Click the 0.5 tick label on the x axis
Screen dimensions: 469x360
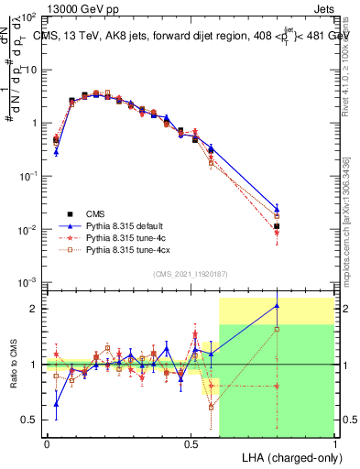[191, 442]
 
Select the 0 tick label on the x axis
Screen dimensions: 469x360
[46, 442]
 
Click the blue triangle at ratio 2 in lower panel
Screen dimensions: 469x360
[277, 306]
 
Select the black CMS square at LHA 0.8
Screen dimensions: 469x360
[277, 226]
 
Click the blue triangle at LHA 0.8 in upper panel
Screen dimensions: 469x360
[277, 208]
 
